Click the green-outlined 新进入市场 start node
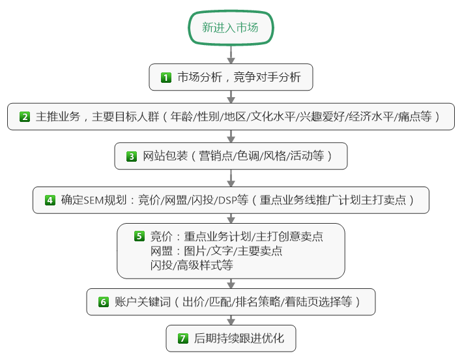tap(231, 27)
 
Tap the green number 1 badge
tap(166, 78)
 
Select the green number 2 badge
tap(25, 117)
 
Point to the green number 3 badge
tap(132, 157)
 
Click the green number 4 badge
tap(50, 200)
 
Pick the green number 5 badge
tap(139, 236)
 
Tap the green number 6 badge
tap(104, 302)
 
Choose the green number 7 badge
tap(183, 338)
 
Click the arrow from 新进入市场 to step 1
tap(231, 55)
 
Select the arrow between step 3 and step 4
tap(231, 178)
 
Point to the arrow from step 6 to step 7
tap(231, 320)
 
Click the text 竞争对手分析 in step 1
tap(267, 77)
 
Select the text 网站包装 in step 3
tap(166, 156)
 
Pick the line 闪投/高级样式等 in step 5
tap(192, 265)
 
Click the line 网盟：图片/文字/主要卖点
tap(216, 251)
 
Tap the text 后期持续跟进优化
tap(239, 338)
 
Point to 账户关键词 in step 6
tap(143, 301)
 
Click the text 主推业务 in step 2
tap(58, 117)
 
